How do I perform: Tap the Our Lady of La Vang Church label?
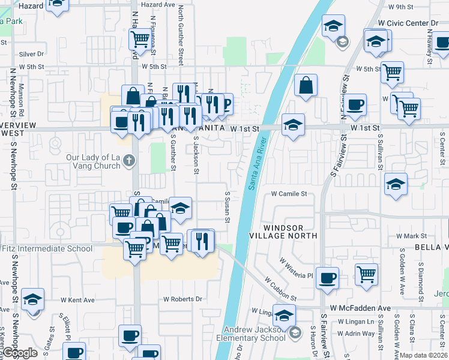point(93,162)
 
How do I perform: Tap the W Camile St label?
point(289,194)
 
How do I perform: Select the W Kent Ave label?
point(77,299)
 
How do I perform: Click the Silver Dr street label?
point(32,53)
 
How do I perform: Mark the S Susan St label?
point(228,207)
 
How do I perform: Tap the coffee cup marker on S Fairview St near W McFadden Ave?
point(327,278)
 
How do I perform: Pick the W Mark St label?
point(419,236)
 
